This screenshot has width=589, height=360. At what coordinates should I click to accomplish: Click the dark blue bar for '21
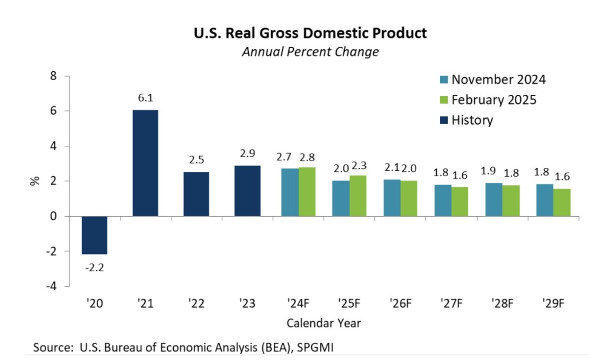(145, 163)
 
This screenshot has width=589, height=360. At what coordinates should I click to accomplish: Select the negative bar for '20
(94, 235)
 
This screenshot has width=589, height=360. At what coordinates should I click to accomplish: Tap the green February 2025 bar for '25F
(358, 195)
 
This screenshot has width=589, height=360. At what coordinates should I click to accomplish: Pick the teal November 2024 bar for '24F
(290, 192)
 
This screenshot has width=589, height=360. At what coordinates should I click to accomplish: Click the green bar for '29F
(562, 202)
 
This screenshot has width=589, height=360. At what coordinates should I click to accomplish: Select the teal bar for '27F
(443, 200)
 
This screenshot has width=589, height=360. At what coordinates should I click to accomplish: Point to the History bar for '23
(247, 191)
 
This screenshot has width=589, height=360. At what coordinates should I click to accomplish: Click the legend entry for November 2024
(492, 80)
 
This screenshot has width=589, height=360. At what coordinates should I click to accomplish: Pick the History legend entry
(466, 120)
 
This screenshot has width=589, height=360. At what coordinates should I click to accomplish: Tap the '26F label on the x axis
(401, 304)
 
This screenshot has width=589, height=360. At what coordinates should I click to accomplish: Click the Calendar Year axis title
(324, 323)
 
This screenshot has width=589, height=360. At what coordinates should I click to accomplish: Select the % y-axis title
(35, 181)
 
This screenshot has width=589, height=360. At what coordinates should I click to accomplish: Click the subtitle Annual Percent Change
(310, 52)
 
